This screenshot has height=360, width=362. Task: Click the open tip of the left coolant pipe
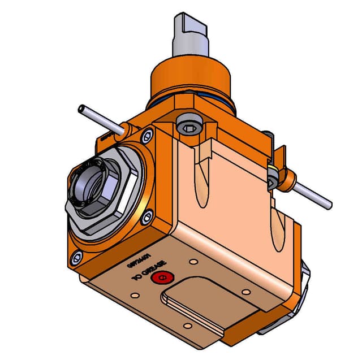tap(81, 107)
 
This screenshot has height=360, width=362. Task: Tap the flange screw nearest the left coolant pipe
tap(147, 135)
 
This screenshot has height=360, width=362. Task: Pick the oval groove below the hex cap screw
tap(202, 181)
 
